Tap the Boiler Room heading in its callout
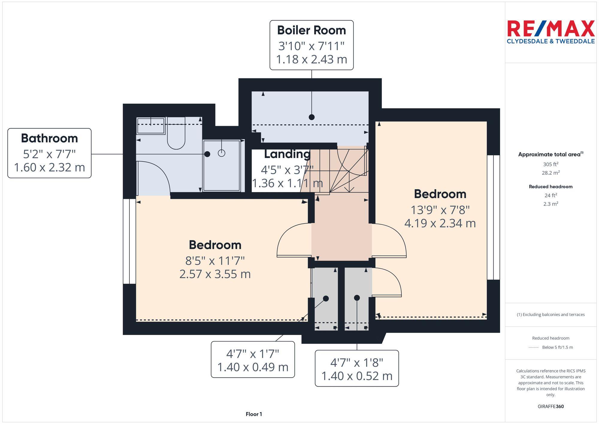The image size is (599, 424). (x=311, y=30)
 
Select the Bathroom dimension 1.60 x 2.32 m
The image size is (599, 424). (x=49, y=167)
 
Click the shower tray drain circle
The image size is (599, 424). (x=221, y=153)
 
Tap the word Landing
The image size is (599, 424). (x=287, y=154)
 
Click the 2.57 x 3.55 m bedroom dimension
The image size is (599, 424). (x=215, y=274)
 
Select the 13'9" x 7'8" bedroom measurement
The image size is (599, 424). (x=440, y=210)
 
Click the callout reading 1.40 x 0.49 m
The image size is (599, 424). (x=252, y=367)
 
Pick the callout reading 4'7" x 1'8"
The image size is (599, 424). (x=356, y=363)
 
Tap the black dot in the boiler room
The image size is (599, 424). (x=311, y=117)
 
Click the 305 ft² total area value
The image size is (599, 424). (x=550, y=164)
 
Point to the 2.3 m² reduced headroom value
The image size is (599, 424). (x=550, y=204)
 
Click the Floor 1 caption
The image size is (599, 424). (x=254, y=414)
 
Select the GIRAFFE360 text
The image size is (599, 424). (x=550, y=406)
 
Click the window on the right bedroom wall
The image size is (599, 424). (x=493, y=217)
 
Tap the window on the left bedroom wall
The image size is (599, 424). (x=129, y=241)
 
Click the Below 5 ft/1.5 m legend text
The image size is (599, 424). (x=557, y=347)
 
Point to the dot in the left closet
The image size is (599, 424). (x=326, y=298)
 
